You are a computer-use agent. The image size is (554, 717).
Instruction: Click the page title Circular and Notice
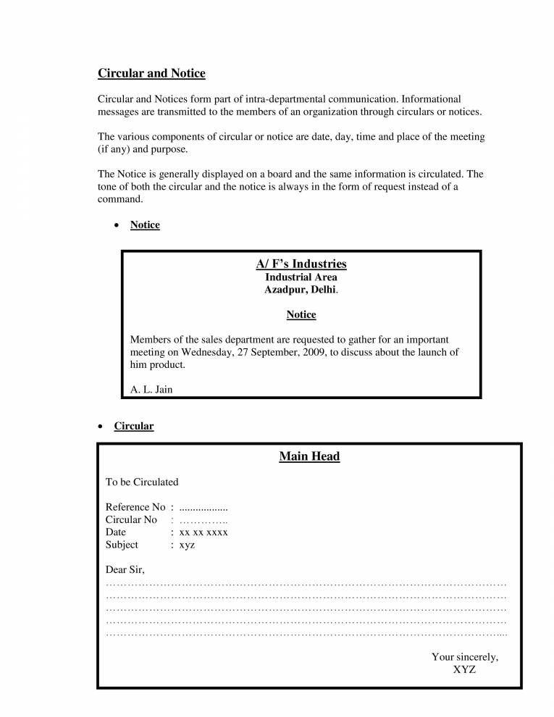[x=151, y=73]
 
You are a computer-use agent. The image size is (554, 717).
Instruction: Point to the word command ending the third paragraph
[x=120, y=198]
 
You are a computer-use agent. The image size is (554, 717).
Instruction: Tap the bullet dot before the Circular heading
[x=101, y=427]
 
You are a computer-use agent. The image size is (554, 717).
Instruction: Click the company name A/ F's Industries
[x=301, y=264]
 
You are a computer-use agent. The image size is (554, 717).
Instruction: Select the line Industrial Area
[x=301, y=277]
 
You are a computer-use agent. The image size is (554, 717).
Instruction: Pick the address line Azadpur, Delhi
[x=300, y=290]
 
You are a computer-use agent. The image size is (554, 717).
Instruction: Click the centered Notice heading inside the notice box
[x=301, y=314]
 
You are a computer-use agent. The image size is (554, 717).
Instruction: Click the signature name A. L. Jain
[x=151, y=390]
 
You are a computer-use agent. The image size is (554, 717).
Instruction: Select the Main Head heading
[x=309, y=456]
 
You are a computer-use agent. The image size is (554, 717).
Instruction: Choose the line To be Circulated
[x=142, y=482]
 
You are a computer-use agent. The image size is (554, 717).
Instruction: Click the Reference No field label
[x=135, y=507]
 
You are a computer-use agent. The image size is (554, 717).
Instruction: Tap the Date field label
[x=116, y=532]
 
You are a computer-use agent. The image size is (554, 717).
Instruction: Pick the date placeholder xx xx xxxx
[x=203, y=532]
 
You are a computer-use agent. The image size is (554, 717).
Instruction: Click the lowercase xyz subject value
[x=187, y=545]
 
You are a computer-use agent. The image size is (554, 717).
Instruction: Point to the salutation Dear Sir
[x=125, y=570]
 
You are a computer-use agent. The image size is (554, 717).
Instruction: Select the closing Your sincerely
[x=465, y=657]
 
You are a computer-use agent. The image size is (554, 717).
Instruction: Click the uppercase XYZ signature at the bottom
[x=464, y=670]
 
